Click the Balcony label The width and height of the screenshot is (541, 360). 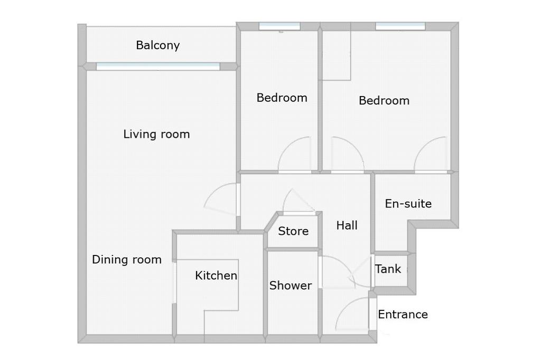click(x=157, y=45)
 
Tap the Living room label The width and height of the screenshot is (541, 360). click(x=156, y=134)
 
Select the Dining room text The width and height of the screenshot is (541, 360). click(x=127, y=259)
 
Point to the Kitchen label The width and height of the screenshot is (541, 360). click(x=216, y=275)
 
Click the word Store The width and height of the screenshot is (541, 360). click(x=293, y=231)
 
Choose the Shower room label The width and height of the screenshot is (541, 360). click(x=291, y=286)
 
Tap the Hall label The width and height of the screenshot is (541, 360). click(x=347, y=225)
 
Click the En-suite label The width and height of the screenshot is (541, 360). click(x=408, y=203)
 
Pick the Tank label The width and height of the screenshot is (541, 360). click(x=388, y=269)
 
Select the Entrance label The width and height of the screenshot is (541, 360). click(x=403, y=315)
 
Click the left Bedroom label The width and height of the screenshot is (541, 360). click(x=282, y=98)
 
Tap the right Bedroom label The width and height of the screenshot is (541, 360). click(x=384, y=100)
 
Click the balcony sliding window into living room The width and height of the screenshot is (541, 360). click(x=158, y=67)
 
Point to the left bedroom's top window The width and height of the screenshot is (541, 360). click(x=279, y=26)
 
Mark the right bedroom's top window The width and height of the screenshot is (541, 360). click(x=400, y=26)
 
